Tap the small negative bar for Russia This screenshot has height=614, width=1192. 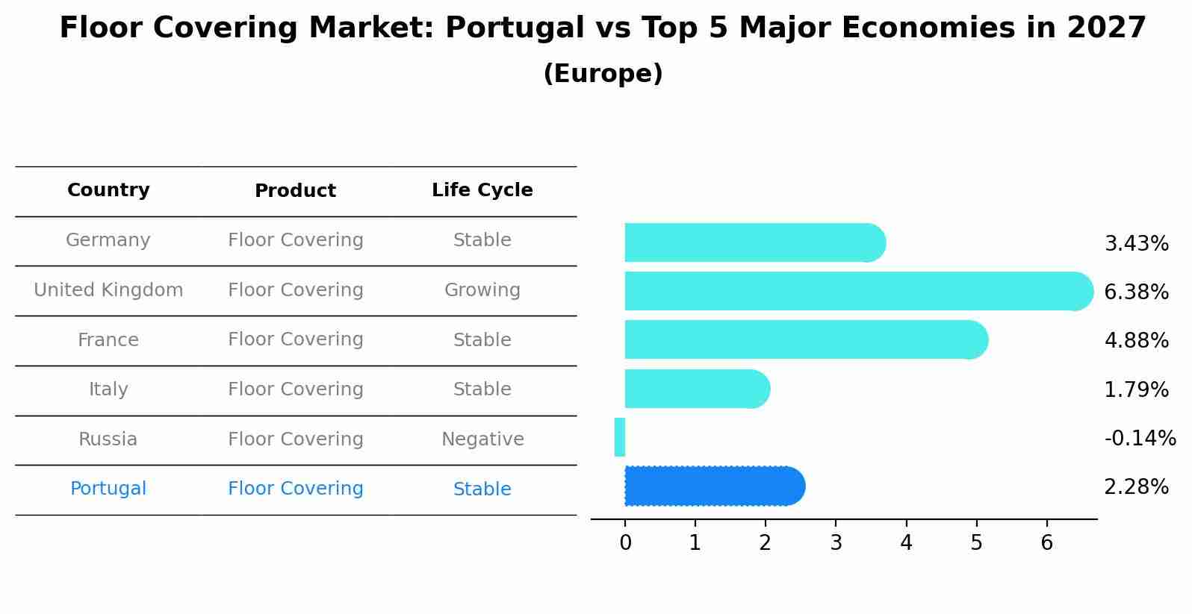click(620, 437)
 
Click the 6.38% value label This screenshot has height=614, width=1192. click(1136, 292)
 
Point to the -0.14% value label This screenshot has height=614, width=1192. click(1140, 438)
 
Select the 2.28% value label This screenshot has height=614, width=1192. click(1136, 487)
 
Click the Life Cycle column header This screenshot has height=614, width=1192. click(482, 190)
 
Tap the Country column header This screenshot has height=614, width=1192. click(108, 190)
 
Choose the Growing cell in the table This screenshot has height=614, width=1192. click(482, 290)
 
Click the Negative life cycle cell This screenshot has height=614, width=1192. click(482, 439)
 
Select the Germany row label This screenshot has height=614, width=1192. click(108, 240)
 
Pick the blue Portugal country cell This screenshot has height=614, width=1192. click(108, 489)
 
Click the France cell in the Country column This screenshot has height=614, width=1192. click(108, 340)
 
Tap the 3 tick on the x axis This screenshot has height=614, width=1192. click(836, 543)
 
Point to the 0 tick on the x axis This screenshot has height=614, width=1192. click(625, 543)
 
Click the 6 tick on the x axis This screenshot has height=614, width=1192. click(1046, 543)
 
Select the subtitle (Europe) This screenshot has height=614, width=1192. click(603, 74)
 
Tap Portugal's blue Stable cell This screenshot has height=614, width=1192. click(482, 489)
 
